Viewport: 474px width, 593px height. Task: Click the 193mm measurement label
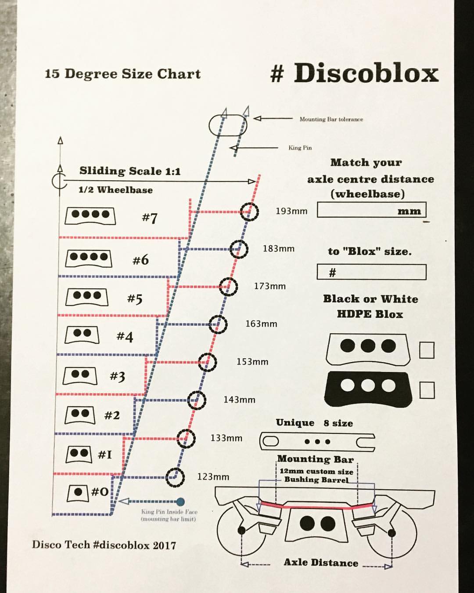[291, 211]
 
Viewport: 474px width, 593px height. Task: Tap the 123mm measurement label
[213, 477]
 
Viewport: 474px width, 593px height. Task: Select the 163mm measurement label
[261, 324]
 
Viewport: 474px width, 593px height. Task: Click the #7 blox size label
[150, 218]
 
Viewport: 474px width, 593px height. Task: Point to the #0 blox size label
[100, 491]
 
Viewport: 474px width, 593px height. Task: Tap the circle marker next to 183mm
[238, 249]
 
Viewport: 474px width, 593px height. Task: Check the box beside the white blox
[427, 350]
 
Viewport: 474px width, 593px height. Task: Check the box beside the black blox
[427, 390]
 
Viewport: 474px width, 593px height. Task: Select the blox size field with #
[371, 272]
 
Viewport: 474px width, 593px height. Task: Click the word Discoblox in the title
[366, 73]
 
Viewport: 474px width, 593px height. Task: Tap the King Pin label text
[300, 148]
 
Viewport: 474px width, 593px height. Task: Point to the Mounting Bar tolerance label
[331, 119]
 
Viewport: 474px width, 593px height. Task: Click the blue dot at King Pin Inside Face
[180, 502]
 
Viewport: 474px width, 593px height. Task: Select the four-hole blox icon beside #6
[89, 258]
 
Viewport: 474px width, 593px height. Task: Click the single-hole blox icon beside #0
[79, 493]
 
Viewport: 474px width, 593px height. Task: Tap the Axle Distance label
[321, 563]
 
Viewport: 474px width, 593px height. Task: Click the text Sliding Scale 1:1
[130, 171]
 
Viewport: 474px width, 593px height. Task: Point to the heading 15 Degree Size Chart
[122, 73]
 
